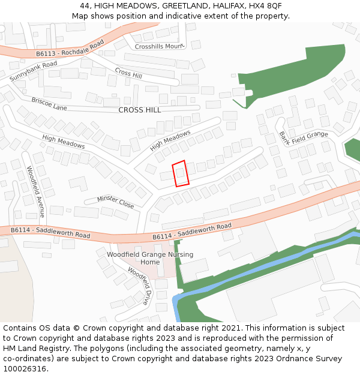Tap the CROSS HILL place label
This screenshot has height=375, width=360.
140,110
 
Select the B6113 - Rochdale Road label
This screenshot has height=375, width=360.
70,49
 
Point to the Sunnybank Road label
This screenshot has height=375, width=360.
34,71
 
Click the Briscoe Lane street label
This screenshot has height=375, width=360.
49,104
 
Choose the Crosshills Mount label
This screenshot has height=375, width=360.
158,46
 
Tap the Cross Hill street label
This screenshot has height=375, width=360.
128,72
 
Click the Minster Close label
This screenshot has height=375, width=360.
116,201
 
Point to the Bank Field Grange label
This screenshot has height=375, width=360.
304,138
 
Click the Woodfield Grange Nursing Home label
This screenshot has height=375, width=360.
150,258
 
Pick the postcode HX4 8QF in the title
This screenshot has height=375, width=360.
265,6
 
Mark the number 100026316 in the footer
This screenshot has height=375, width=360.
24,369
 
